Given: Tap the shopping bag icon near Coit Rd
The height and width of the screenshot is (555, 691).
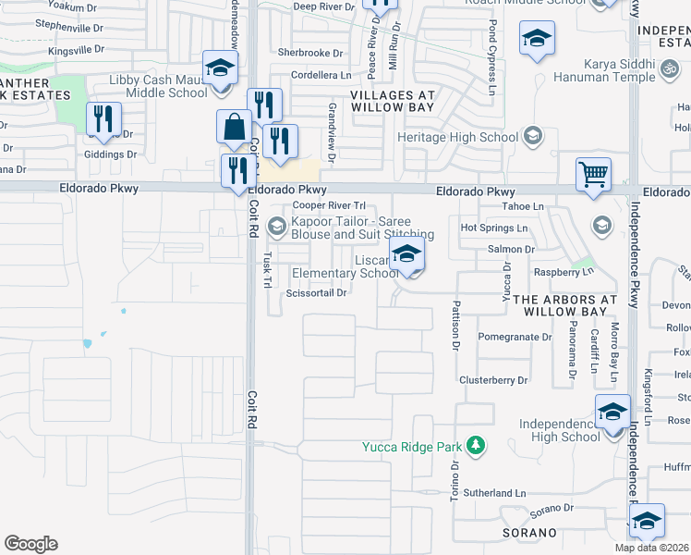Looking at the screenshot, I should [x=235, y=127].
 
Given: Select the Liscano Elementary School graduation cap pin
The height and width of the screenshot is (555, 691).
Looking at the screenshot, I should [x=406, y=255].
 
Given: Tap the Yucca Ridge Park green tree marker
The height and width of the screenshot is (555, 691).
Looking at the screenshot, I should [x=476, y=447].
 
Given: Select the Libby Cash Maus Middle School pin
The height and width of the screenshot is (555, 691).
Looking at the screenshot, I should [x=221, y=68].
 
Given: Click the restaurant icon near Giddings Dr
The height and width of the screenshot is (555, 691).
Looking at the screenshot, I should [x=103, y=119].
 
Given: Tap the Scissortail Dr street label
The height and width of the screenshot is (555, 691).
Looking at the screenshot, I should [x=316, y=293].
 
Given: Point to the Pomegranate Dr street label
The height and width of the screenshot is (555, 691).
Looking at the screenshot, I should [x=515, y=338].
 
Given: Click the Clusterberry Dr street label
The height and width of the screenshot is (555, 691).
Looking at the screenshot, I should [x=493, y=380].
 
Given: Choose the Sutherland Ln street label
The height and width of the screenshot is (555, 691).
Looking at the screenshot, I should [x=494, y=495].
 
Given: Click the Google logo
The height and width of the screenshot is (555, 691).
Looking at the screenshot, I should [x=30, y=544].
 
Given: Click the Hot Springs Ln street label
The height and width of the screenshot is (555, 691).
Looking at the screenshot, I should [x=493, y=228].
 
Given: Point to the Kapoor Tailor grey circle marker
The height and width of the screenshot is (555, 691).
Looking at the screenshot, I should [x=276, y=226].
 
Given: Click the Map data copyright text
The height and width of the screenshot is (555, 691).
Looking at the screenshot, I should [x=651, y=548].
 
